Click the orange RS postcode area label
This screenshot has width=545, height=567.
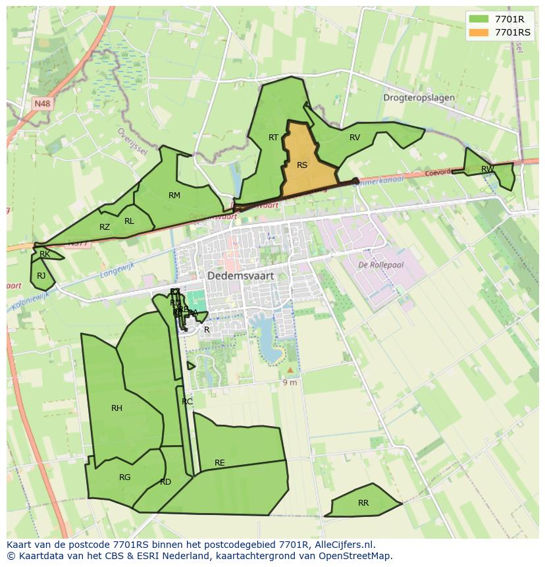[302, 165]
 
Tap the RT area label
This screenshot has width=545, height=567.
[273, 138]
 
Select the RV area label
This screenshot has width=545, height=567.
[355, 138]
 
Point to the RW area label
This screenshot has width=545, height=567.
[487, 169]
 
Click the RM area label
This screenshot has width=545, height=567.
[174, 196]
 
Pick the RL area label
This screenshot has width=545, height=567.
[129, 221]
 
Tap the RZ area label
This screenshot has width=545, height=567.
[105, 227]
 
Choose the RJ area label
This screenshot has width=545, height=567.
[41, 276]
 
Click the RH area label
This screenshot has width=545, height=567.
[117, 408]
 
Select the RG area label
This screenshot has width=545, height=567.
[125, 477]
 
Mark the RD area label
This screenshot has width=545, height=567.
[165, 482]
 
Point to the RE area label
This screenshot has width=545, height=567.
[220, 463]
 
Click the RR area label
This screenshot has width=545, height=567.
[363, 503]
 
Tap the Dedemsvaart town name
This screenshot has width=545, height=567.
[240, 277]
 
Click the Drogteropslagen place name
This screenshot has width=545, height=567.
[419, 97]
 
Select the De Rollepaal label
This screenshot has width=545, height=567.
[380, 265]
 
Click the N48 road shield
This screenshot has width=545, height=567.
[43, 103]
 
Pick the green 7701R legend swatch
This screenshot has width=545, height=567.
[479, 19]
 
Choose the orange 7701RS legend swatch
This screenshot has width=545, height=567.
[479, 32]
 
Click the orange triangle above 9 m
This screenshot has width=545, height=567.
[290, 370]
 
